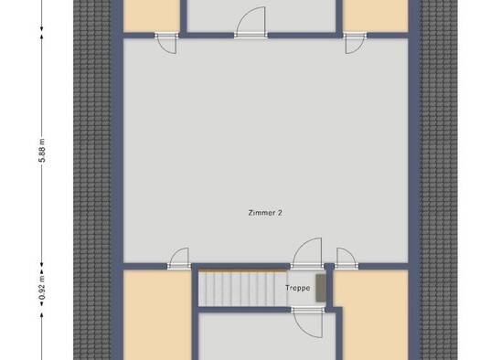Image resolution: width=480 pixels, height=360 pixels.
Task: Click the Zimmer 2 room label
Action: click(x=265, y=213)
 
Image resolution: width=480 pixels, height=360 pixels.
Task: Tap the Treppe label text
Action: click(x=298, y=288)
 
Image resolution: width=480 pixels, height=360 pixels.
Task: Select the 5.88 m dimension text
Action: click(x=42, y=151)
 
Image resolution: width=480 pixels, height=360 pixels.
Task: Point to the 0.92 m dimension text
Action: click(x=42, y=288)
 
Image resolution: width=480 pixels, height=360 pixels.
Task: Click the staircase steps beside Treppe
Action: click(x=242, y=289)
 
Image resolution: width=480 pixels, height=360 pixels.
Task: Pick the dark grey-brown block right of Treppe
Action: click(x=321, y=288)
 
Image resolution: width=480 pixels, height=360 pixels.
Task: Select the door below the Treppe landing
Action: click(x=307, y=323)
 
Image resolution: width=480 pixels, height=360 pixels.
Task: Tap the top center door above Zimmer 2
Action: click(x=251, y=22)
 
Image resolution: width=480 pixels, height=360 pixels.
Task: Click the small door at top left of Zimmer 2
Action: click(x=166, y=44)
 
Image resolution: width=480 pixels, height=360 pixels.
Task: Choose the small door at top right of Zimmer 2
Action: click(x=355, y=44)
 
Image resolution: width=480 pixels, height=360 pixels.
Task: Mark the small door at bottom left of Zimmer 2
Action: click(x=179, y=259)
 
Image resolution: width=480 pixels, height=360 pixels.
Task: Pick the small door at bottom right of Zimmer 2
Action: click(x=347, y=259)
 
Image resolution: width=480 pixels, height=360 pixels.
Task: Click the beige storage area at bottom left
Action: click(x=157, y=315)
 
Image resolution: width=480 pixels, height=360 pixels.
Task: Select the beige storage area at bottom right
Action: click(x=372, y=315)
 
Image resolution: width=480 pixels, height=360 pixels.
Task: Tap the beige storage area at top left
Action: click(x=151, y=16)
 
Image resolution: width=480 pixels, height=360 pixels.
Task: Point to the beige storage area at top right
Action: click(x=375, y=16)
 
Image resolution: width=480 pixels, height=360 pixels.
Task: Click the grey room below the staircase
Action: click(x=267, y=336)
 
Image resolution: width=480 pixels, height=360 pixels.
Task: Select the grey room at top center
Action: click(x=261, y=16)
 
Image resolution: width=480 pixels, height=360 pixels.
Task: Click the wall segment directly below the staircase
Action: click(x=244, y=310)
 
